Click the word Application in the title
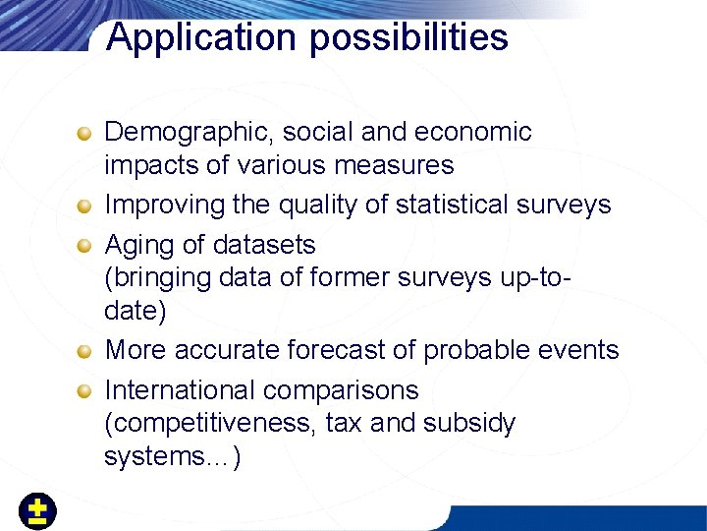pos(187,37)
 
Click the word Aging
pos(137,244)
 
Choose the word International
pos(180,389)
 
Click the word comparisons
pos(341,389)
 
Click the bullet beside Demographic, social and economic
pos(87,133)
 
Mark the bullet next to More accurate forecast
pos(87,351)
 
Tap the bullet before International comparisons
pos(87,390)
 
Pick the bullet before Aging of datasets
pos(87,245)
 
